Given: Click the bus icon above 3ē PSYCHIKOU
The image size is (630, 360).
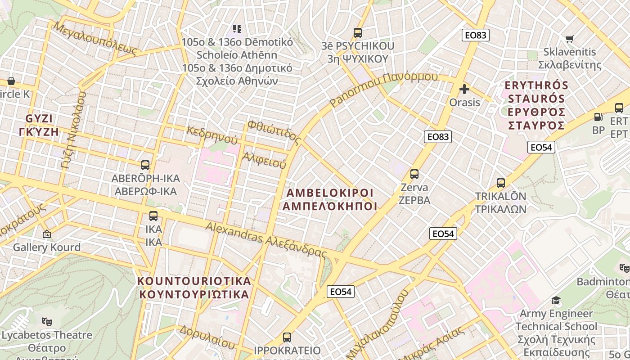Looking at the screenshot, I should pyautogui.click(x=358, y=33).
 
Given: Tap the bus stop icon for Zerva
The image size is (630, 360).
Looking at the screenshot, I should pyautogui.click(x=414, y=174).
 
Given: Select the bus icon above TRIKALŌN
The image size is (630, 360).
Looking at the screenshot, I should pyautogui.click(x=501, y=183).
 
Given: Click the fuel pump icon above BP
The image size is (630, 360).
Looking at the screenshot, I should pyautogui.click(x=598, y=117).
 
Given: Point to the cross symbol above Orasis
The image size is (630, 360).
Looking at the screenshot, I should pyautogui.click(x=464, y=89).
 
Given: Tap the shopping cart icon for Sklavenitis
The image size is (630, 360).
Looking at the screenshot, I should pyautogui.click(x=569, y=39).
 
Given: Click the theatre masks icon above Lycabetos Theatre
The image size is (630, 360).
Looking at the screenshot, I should pyautogui.click(x=46, y=322).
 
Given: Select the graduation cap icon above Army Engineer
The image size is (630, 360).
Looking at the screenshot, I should pyautogui.click(x=556, y=301).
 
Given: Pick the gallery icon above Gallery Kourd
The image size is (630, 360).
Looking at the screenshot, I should pyautogui.click(x=46, y=234).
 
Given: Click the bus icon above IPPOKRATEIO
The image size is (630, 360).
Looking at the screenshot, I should pyautogui.click(x=287, y=337).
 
